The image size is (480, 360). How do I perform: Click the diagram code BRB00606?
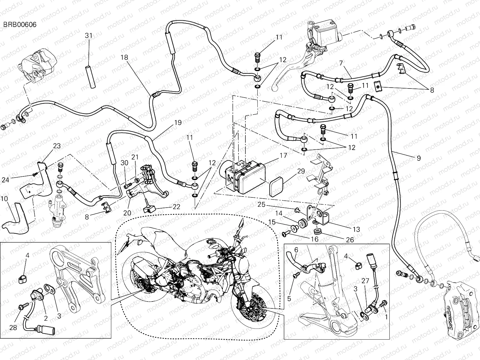(x=20, y=25)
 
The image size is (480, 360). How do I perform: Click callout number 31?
(x=88, y=36)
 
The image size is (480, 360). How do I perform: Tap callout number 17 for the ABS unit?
(x=283, y=156)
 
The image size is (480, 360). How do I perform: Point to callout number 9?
(x=418, y=158)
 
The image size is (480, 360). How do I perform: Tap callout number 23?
(x=57, y=146)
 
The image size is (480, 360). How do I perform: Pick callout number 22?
(x=176, y=207)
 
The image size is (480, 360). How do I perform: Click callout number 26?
(x=350, y=240)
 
